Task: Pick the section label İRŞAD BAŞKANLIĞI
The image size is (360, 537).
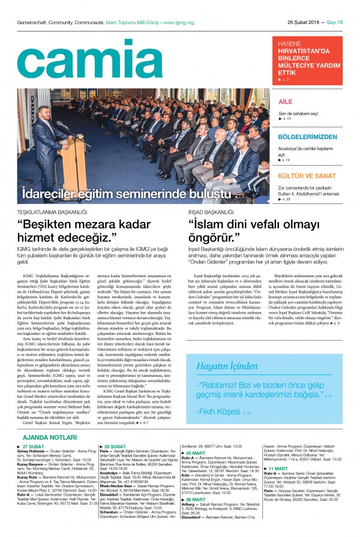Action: (211, 212)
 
